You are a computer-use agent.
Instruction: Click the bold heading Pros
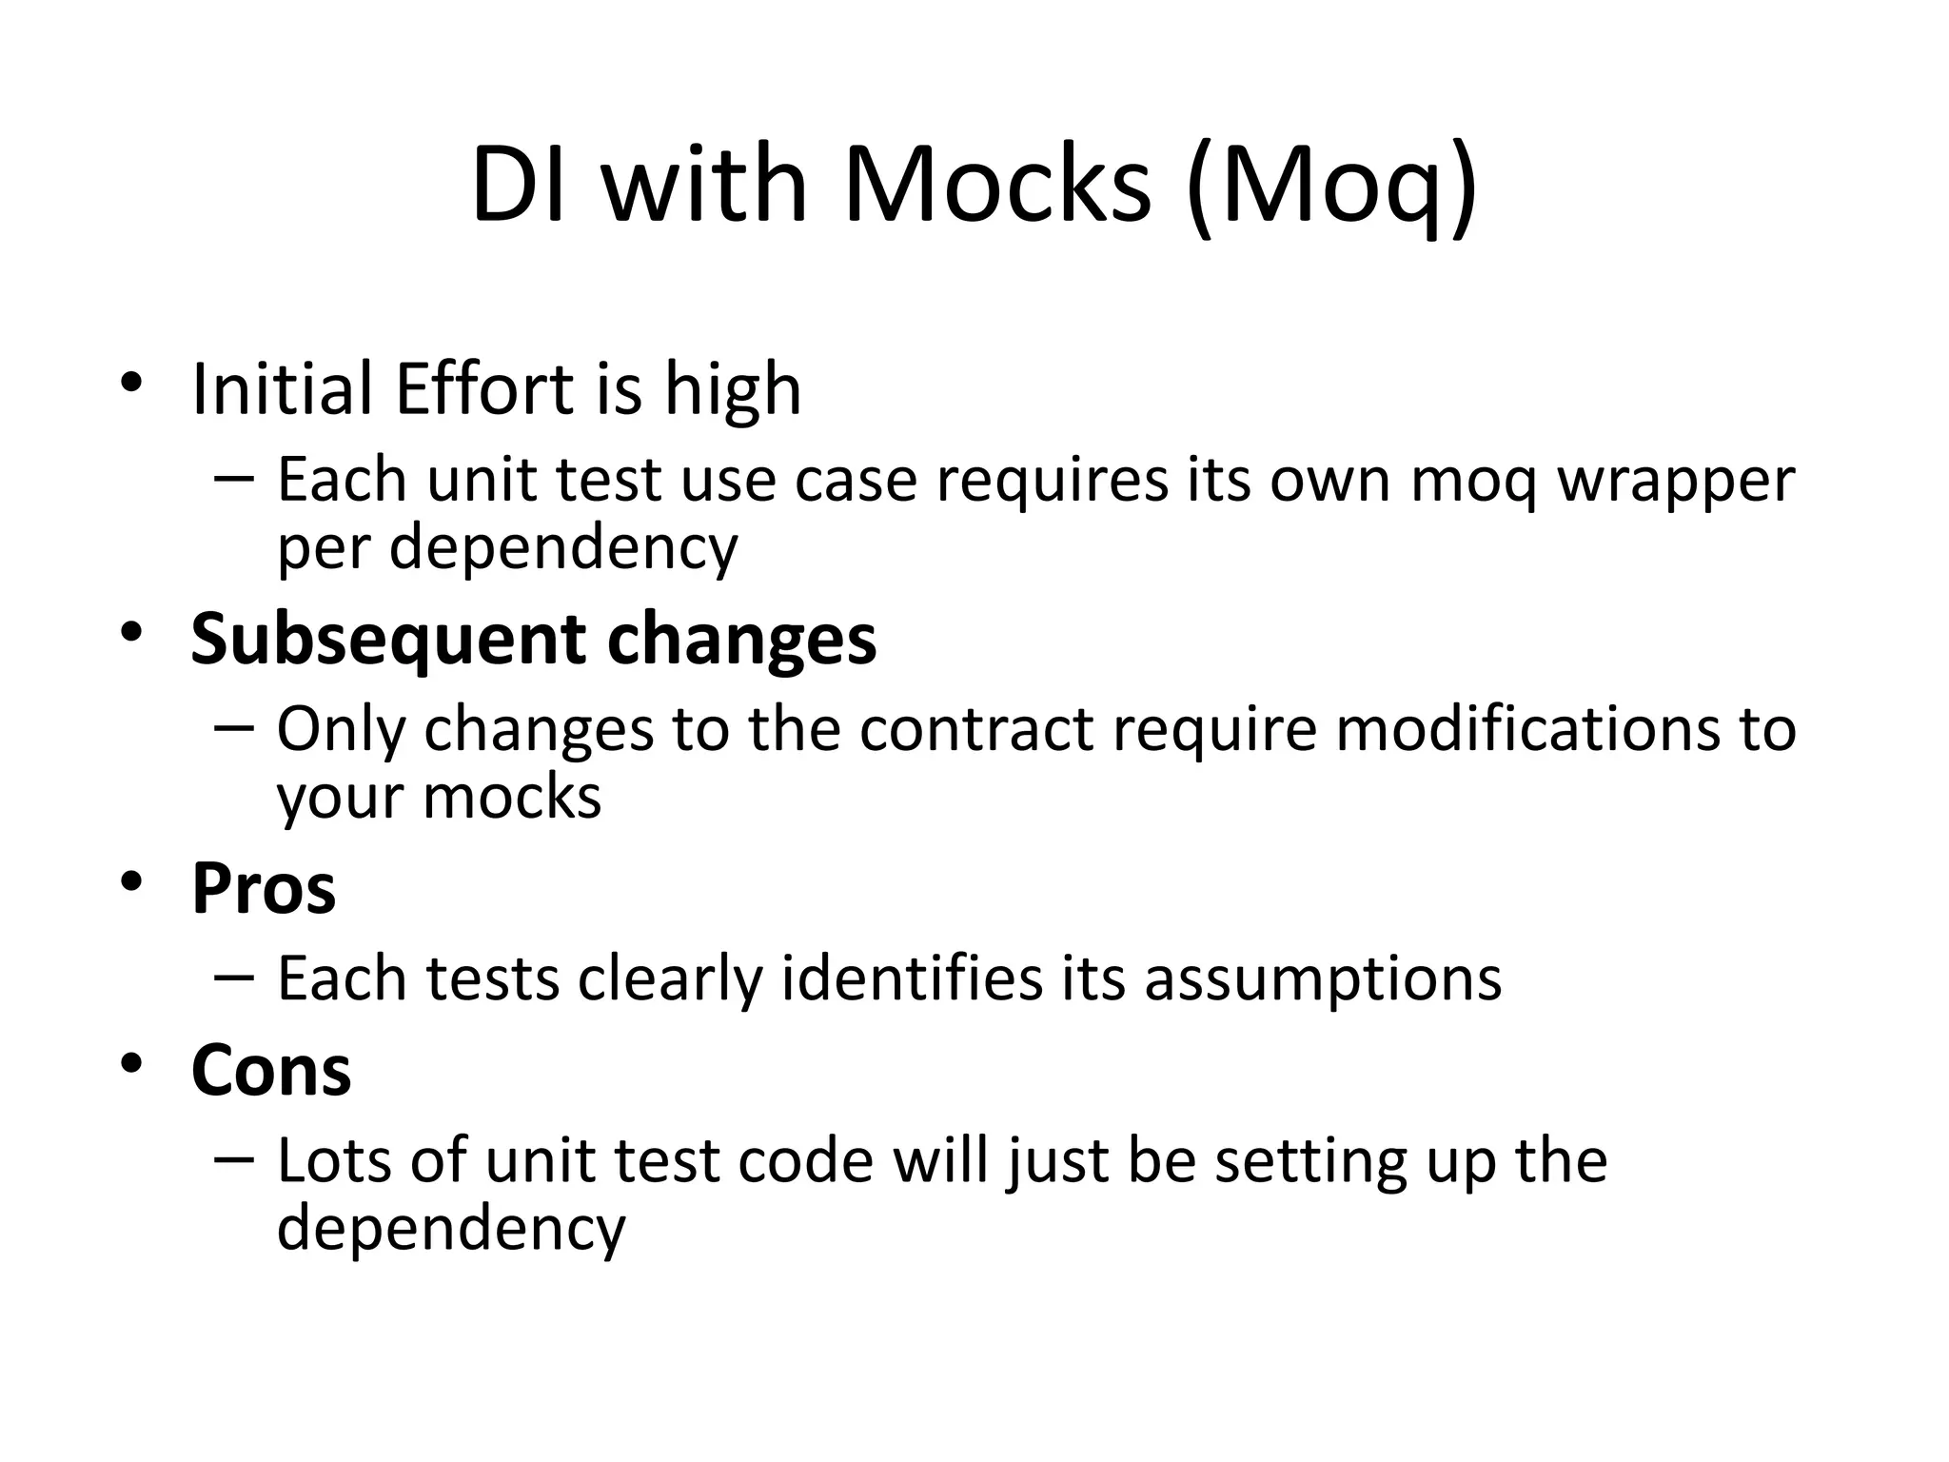(264, 889)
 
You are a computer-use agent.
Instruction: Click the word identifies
(912, 978)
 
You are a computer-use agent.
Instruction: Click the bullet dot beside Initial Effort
(131, 383)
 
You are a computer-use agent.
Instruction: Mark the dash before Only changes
(234, 726)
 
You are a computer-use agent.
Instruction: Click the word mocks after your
(512, 798)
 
